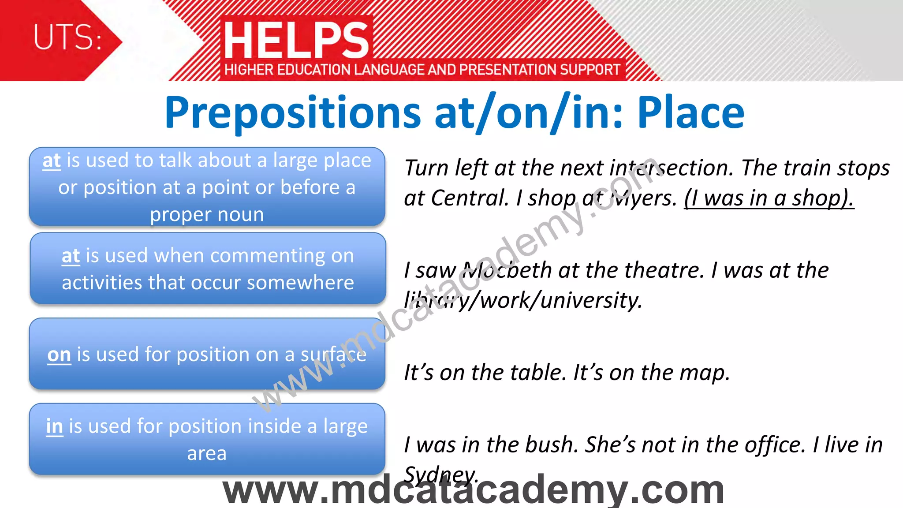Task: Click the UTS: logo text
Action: point(68,37)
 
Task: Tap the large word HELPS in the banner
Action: point(296,41)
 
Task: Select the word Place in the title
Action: point(690,113)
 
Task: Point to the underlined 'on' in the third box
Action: point(59,355)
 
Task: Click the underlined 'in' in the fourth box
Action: point(55,426)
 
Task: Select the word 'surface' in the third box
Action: point(333,355)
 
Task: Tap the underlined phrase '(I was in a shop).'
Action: point(769,198)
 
